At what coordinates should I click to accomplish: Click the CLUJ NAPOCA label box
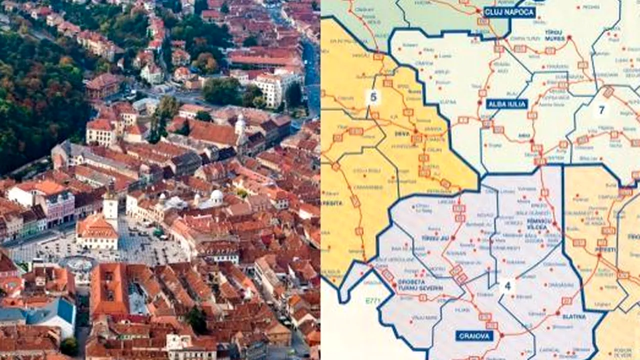[509, 12]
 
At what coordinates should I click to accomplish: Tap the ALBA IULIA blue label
[506, 104]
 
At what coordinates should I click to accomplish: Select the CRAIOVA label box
[474, 335]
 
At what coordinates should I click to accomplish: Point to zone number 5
[373, 97]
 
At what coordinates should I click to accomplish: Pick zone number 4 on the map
[507, 286]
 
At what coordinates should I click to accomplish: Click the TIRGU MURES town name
[553, 35]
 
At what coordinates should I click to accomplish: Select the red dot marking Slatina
[558, 312]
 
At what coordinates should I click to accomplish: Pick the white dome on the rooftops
[216, 195]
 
